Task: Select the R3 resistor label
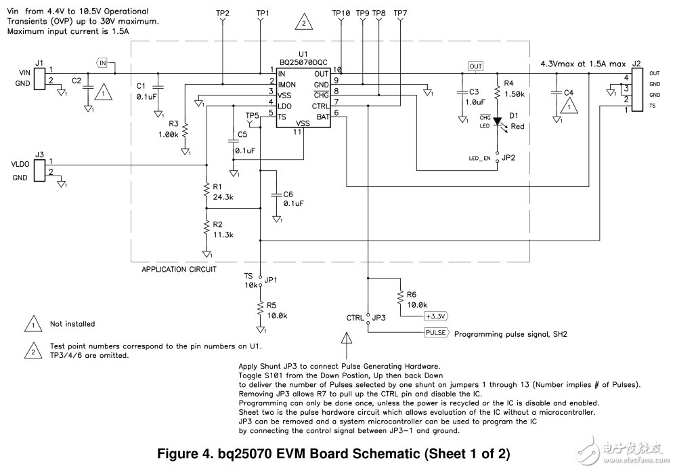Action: (173, 125)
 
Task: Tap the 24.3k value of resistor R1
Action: (224, 197)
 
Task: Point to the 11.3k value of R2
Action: (224, 234)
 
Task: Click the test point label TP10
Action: (341, 14)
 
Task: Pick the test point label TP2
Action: (222, 14)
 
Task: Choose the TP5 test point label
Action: (253, 116)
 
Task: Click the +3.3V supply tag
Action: (437, 316)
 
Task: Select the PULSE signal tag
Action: (436, 333)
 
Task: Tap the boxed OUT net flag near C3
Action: (476, 66)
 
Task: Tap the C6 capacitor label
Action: (289, 193)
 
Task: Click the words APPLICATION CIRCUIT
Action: (179, 269)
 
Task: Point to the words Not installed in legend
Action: (72, 324)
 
